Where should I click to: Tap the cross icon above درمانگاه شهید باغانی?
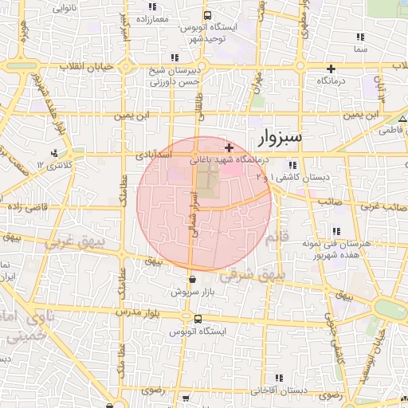(229, 147)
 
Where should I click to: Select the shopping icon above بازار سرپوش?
(194, 279)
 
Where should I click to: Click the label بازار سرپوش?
(194, 292)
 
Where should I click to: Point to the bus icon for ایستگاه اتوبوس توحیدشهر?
(207, 15)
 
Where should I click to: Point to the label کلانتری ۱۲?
(31, 163)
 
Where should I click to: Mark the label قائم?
(274, 237)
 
